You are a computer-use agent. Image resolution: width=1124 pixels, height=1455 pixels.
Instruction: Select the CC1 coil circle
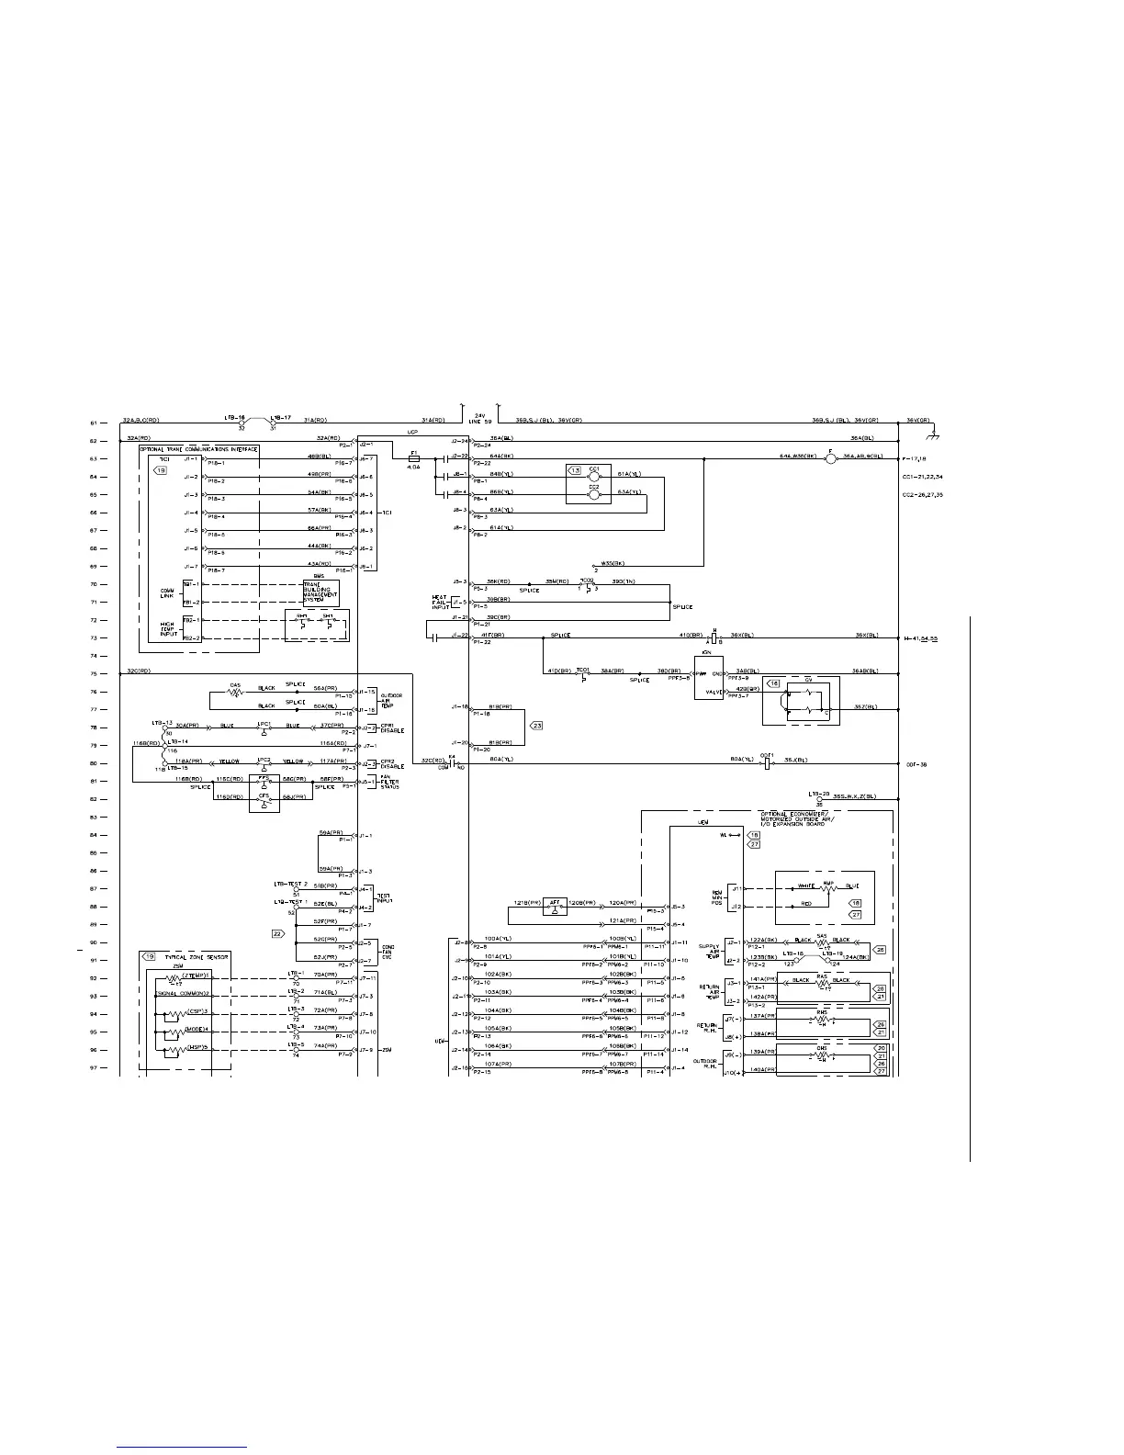(593, 477)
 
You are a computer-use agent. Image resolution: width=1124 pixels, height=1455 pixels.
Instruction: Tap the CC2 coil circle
(593, 494)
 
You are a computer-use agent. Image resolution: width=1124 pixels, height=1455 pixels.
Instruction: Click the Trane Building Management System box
(320, 592)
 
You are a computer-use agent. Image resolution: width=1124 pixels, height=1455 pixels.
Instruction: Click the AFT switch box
(555, 907)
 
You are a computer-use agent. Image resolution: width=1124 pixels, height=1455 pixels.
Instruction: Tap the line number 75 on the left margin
(94, 674)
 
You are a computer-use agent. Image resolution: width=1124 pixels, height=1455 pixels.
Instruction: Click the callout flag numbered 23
(536, 726)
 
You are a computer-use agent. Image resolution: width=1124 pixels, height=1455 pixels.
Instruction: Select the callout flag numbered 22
(277, 933)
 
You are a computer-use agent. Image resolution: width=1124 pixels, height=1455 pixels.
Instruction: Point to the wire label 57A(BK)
(319, 510)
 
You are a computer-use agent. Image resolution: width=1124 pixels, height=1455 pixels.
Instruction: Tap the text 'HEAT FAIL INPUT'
(439, 602)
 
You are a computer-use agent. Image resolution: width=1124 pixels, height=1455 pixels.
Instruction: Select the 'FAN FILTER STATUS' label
(389, 782)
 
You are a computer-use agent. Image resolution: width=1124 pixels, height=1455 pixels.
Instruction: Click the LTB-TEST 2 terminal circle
(295, 889)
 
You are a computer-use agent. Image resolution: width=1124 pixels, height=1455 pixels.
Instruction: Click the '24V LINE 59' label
(483, 418)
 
